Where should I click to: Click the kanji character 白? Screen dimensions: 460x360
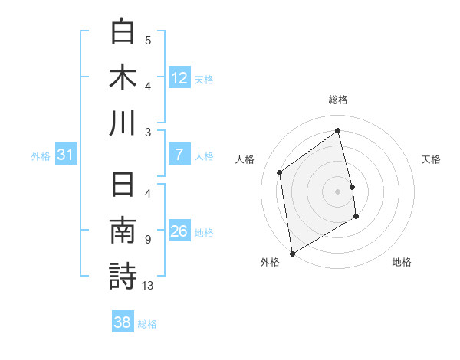(x=123, y=32)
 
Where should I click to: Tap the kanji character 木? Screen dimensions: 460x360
(x=123, y=77)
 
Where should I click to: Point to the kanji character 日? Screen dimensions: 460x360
(x=123, y=186)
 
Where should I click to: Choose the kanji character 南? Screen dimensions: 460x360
(x=123, y=231)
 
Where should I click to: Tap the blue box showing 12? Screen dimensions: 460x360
(x=179, y=77)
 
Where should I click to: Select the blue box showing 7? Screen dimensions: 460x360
(x=179, y=155)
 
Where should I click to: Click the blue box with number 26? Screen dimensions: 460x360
(x=179, y=231)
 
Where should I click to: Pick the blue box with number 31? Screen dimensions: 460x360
(x=65, y=155)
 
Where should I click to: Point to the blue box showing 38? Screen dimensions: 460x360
(x=123, y=323)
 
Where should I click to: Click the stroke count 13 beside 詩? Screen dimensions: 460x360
(x=148, y=286)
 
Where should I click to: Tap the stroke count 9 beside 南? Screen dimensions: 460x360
(x=147, y=240)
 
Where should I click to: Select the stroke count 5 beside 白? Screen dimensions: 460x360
(x=148, y=41)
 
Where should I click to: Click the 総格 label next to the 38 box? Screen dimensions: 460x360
(x=147, y=324)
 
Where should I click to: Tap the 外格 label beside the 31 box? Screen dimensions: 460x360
(x=41, y=156)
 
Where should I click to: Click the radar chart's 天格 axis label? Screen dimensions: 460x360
(x=431, y=159)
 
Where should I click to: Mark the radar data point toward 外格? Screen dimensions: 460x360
(x=291, y=254)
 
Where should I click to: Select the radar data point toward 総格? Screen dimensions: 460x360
(x=337, y=130)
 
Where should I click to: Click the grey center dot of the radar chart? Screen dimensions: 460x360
(x=337, y=191)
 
